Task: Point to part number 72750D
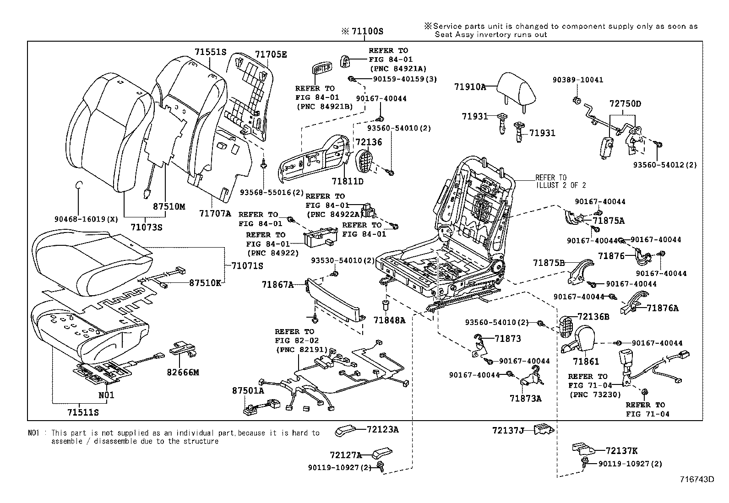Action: pos(625,104)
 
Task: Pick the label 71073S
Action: pos(146,227)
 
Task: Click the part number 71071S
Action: pos(247,266)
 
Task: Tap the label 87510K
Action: pos(205,283)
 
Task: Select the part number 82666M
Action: pos(183,373)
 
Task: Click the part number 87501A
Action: pos(248,390)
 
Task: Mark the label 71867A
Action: pos(277,285)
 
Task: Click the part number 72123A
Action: pos(382,429)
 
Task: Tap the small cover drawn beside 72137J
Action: pos(545,429)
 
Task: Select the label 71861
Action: pos(586,362)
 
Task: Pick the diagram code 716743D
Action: pos(697,479)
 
